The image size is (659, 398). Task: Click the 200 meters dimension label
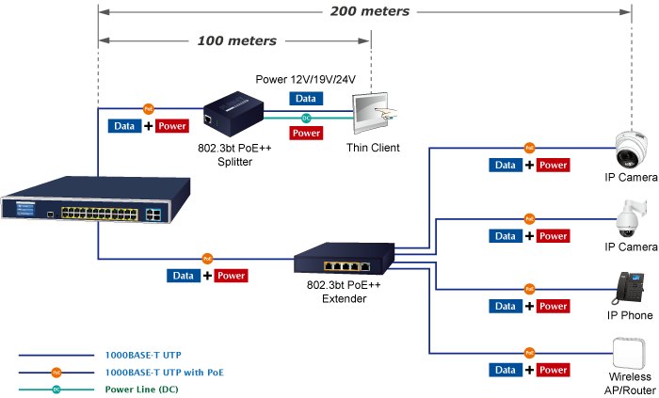click(x=369, y=12)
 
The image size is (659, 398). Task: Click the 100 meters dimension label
click(x=237, y=41)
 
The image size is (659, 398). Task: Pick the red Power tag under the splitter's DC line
click(x=306, y=134)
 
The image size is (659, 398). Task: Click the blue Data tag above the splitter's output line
click(x=305, y=98)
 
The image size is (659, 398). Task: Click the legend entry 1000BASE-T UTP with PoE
click(x=165, y=373)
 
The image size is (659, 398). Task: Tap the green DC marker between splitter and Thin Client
click(x=306, y=118)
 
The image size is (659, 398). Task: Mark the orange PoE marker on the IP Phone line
click(x=529, y=288)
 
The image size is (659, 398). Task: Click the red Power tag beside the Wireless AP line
click(x=553, y=370)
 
